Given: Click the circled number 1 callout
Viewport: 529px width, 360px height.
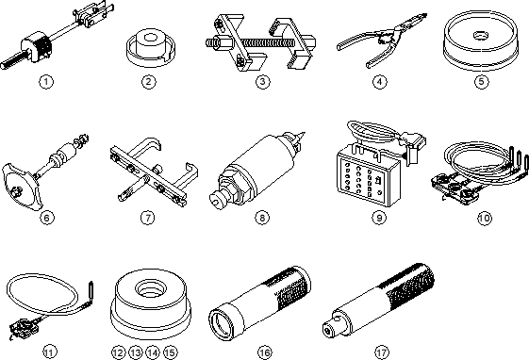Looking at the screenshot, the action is coord(46,82).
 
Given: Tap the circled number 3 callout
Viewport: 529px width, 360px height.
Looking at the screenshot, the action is coord(262,82).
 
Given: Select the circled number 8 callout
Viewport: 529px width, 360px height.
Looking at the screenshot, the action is coord(262,218).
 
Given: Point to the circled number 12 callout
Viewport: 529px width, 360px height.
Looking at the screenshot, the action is coord(118,352).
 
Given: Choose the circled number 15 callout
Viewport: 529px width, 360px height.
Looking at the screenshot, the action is coord(170,352).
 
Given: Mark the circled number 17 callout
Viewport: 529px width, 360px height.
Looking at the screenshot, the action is coord(382,352).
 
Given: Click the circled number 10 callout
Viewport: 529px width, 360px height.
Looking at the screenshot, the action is coord(485,218).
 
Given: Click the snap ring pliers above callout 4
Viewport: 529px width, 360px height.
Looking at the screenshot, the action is coord(381,40).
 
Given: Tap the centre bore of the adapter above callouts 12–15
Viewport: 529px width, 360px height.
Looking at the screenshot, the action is coord(151,288).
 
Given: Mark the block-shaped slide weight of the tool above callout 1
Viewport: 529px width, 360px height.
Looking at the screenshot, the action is coord(36,46).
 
